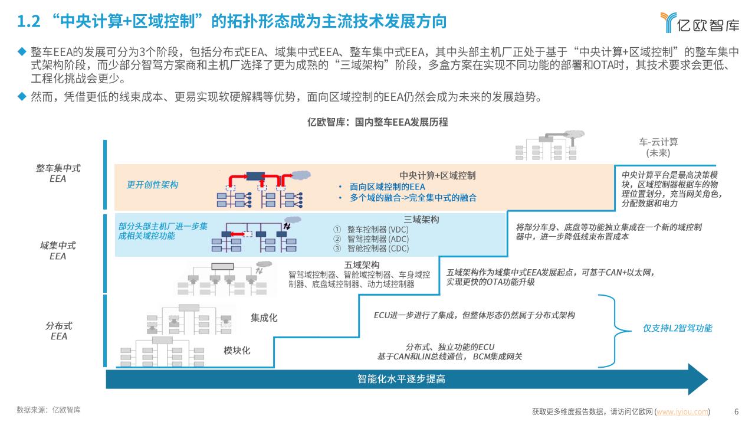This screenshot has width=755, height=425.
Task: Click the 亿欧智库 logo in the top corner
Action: (700, 23)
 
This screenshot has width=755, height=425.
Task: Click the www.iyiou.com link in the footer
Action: (682, 412)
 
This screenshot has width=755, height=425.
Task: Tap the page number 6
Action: (736, 412)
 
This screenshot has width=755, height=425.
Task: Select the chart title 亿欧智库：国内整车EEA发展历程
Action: (377, 122)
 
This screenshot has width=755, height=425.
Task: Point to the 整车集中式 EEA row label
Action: (58, 174)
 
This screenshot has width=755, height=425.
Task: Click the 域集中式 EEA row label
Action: (58, 251)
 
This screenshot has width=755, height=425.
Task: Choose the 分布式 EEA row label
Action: (58, 331)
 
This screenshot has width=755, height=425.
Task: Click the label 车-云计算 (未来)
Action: (658, 148)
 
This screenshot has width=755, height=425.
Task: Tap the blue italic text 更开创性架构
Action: (152, 185)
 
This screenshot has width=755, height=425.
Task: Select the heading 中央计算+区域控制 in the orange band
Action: (438, 175)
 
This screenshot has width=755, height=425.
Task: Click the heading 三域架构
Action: (421, 220)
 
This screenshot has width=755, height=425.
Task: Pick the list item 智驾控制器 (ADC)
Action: (378, 239)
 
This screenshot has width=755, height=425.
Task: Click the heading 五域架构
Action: (362, 265)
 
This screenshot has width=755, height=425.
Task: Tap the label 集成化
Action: (264, 318)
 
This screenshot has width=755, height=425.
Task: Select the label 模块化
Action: (237, 351)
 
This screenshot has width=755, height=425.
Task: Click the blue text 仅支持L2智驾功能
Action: (678, 328)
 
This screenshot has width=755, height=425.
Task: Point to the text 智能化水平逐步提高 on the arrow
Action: (401, 379)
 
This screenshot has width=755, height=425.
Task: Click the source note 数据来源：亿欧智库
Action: (48, 410)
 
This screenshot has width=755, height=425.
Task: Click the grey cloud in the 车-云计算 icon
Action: (575, 134)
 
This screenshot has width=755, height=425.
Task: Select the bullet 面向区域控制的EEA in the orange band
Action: (388, 187)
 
